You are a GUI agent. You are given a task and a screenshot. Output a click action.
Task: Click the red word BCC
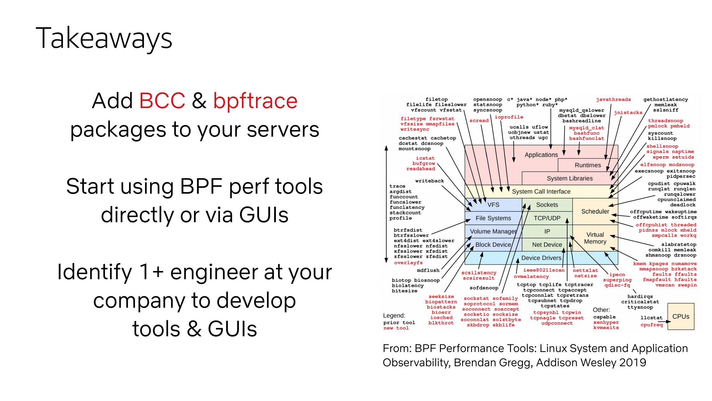(162, 101)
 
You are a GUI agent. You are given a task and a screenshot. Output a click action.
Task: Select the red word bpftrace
(255, 101)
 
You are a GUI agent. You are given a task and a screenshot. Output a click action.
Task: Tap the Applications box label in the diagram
(541, 155)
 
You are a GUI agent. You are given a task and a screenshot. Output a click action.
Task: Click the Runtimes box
(588, 165)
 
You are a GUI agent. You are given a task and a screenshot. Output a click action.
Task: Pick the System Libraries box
(570, 178)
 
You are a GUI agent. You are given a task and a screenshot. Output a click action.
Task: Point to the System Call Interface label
(541, 192)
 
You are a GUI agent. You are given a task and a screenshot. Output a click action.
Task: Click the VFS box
(493, 205)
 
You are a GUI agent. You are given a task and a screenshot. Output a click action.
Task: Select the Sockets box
(547, 205)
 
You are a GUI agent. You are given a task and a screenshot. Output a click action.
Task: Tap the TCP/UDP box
(547, 218)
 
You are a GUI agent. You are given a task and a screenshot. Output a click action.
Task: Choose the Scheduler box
(595, 211)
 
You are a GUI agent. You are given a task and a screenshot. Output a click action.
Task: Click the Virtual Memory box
(595, 238)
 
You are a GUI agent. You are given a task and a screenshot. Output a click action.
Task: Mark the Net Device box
(547, 244)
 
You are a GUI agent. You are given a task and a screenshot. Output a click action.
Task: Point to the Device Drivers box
(541, 258)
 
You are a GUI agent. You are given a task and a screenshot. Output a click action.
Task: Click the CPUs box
(681, 316)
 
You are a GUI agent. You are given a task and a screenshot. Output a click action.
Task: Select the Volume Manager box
(493, 231)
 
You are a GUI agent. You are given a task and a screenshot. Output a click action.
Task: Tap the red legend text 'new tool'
(396, 328)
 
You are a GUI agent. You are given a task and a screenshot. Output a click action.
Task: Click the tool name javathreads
(614, 100)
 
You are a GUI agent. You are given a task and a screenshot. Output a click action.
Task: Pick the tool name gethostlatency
(665, 100)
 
